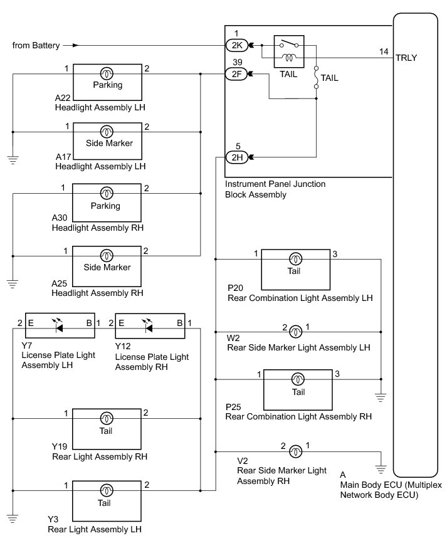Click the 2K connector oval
[237, 46]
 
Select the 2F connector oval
[237, 75]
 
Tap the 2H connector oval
[237, 157]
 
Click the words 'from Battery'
[36, 45]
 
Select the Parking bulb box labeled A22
[107, 78]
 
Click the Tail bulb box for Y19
[107, 424]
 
